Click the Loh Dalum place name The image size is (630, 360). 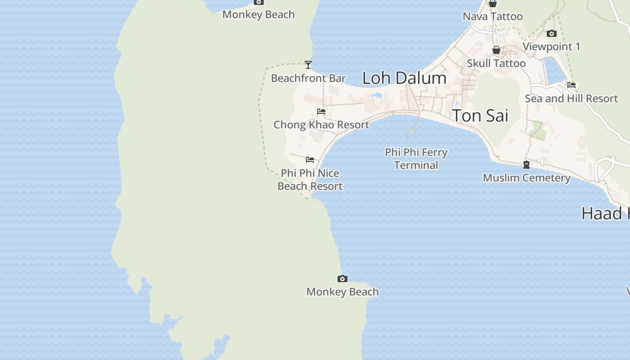pos(404,78)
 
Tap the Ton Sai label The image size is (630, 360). pos(480,116)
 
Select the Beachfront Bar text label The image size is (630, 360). pos(308,78)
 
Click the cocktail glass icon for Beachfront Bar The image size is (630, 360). pos(308,65)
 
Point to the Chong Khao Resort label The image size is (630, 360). pos(321,125)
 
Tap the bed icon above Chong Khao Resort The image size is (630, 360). pos(321,111)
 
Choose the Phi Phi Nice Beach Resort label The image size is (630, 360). pos(310,180)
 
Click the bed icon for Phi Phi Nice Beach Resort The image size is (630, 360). pos(310,160)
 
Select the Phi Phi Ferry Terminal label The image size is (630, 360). pos(416,159)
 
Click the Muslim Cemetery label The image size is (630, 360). pos(526,178)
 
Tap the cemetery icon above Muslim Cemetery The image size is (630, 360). pos(526,165)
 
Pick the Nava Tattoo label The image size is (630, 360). pos(493,17)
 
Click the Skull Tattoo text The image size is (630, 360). pos(496,63)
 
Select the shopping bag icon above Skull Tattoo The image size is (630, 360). pos(496,50)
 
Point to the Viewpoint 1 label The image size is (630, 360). pos(551,47)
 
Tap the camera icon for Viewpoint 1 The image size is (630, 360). pos(552,34)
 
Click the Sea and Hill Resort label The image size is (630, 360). pos(571,99)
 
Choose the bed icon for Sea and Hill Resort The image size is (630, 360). pos(571,85)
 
